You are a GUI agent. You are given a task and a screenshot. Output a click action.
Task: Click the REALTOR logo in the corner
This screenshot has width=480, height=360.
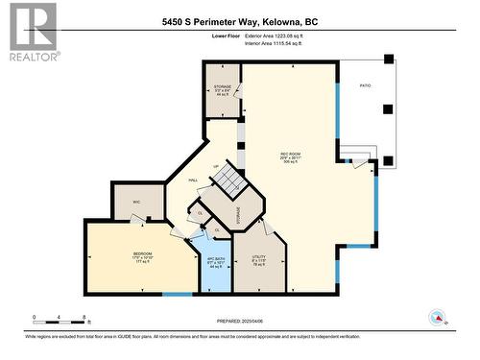click(x=31, y=32)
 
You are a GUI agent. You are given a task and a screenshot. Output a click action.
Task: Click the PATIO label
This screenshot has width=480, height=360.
click(x=364, y=85)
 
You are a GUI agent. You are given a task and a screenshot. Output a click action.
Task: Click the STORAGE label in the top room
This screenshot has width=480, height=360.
click(x=223, y=89)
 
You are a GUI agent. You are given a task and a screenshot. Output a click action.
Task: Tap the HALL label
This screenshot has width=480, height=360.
click(x=193, y=180)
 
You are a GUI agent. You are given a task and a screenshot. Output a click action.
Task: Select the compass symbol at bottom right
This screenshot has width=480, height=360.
click(x=438, y=318)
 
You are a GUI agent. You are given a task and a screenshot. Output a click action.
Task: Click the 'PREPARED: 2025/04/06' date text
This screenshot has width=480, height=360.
click(x=239, y=321)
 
